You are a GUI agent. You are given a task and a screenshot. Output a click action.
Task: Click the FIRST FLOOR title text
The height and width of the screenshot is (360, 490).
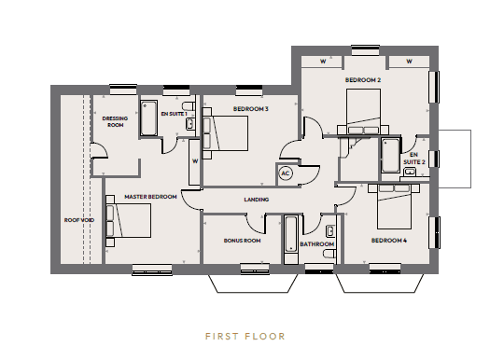click(x=245, y=337)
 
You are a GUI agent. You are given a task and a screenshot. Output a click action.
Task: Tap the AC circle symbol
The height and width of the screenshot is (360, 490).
click(x=286, y=173)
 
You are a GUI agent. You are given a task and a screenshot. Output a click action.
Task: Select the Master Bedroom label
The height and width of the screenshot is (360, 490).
click(x=150, y=197)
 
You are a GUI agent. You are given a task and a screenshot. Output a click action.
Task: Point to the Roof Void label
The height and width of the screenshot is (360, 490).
click(x=79, y=220)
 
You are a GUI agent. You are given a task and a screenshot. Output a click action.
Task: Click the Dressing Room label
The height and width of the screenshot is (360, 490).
click(x=115, y=121)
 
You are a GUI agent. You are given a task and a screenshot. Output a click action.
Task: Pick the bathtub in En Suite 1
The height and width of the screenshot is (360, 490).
click(x=148, y=118)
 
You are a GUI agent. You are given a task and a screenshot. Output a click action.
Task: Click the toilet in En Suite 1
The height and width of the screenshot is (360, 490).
click(x=189, y=105)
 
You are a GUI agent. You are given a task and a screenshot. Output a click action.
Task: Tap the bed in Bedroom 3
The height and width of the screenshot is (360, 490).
click(x=225, y=133)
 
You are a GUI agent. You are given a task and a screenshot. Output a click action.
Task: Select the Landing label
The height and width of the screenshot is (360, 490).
click(x=257, y=200)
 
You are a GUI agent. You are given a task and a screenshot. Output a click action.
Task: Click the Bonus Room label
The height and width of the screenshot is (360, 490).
click(x=242, y=241)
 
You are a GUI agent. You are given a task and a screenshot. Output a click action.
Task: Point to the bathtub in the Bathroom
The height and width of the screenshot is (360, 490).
click(x=290, y=234)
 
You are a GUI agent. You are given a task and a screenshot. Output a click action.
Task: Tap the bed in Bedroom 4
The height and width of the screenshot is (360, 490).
click(x=394, y=206)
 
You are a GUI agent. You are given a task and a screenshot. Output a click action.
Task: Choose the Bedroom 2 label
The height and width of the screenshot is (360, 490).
click(x=363, y=80)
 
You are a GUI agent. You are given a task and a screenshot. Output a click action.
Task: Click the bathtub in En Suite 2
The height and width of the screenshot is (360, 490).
click(x=390, y=156)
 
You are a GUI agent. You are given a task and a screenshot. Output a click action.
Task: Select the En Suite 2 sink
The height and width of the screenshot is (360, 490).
click(x=410, y=172)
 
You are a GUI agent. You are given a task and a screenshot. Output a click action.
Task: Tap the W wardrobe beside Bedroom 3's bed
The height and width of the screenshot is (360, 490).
click(x=195, y=162)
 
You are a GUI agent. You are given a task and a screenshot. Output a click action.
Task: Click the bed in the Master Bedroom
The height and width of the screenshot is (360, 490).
click(x=129, y=221)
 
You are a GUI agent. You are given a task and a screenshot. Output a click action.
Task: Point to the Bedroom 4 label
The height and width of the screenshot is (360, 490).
click(x=389, y=241)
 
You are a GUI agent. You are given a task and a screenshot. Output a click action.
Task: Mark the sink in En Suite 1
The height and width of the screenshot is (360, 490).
click(x=190, y=124)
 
